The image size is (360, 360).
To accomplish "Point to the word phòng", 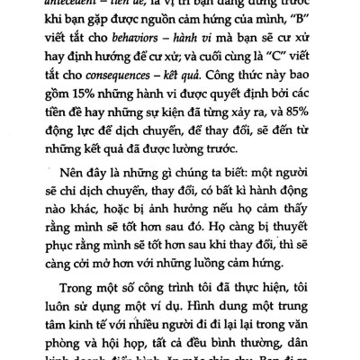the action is click(x=75, y=359).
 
